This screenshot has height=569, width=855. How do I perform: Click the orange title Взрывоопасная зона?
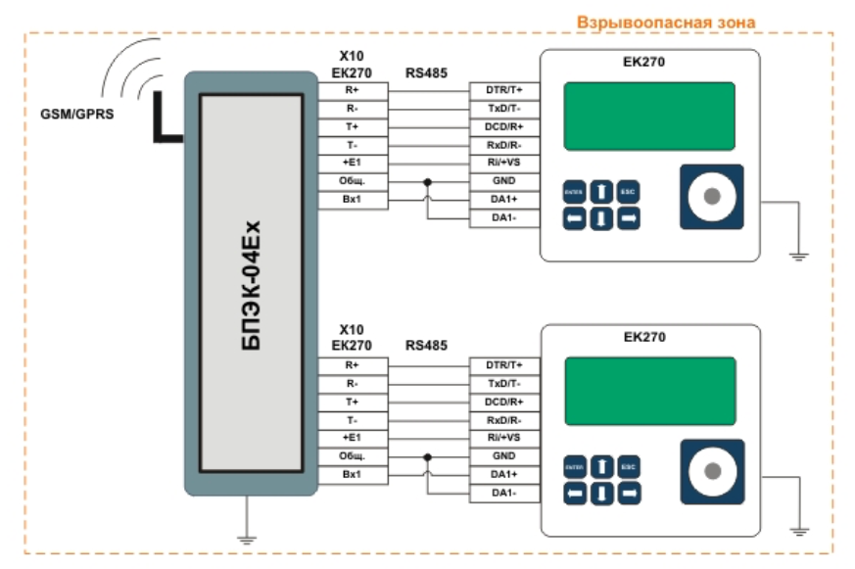(x=666, y=21)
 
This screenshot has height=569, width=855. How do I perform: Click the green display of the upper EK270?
(x=648, y=116)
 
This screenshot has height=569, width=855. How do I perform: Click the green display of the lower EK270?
(x=648, y=390)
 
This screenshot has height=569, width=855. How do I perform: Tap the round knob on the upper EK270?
(x=711, y=197)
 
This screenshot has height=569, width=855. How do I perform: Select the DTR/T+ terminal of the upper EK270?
(x=503, y=89)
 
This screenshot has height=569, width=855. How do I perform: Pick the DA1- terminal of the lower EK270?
(x=503, y=492)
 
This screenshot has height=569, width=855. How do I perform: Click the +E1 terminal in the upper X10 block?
(x=352, y=163)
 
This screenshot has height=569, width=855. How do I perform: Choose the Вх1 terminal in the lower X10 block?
(x=352, y=474)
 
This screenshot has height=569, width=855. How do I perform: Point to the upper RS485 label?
(x=426, y=72)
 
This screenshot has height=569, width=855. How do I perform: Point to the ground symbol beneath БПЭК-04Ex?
(x=249, y=537)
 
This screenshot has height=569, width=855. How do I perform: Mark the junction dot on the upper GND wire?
(x=426, y=182)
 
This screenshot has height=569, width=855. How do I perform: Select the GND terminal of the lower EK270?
(x=503, y=455)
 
